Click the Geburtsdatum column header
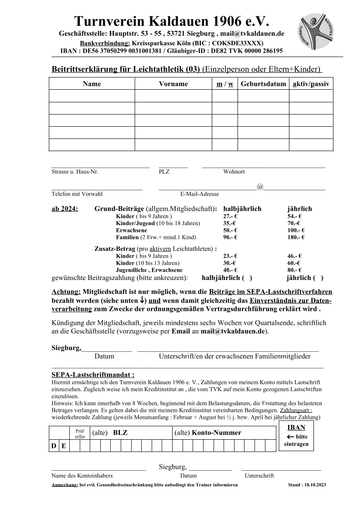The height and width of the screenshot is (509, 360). (x=263, y=84)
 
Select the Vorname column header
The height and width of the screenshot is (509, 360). (x=173, y=84)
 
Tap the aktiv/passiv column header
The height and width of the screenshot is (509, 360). (x=311, y=84)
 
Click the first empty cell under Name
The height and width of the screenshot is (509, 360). (x=92, y=96)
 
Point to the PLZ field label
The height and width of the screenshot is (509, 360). (x=164, y=172)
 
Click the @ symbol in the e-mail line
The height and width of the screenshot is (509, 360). (x=260, y=187)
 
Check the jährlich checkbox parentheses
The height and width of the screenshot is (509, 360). (x=319, y=277)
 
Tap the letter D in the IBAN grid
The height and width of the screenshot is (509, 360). (x=54, y=446)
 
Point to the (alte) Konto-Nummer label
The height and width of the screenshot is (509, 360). (x=207, y=433)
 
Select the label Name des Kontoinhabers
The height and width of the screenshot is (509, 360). (x=82, y=476)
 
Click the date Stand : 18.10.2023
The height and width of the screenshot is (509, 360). (x=307, y=485)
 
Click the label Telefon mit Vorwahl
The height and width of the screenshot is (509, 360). (x=77, y=194)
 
